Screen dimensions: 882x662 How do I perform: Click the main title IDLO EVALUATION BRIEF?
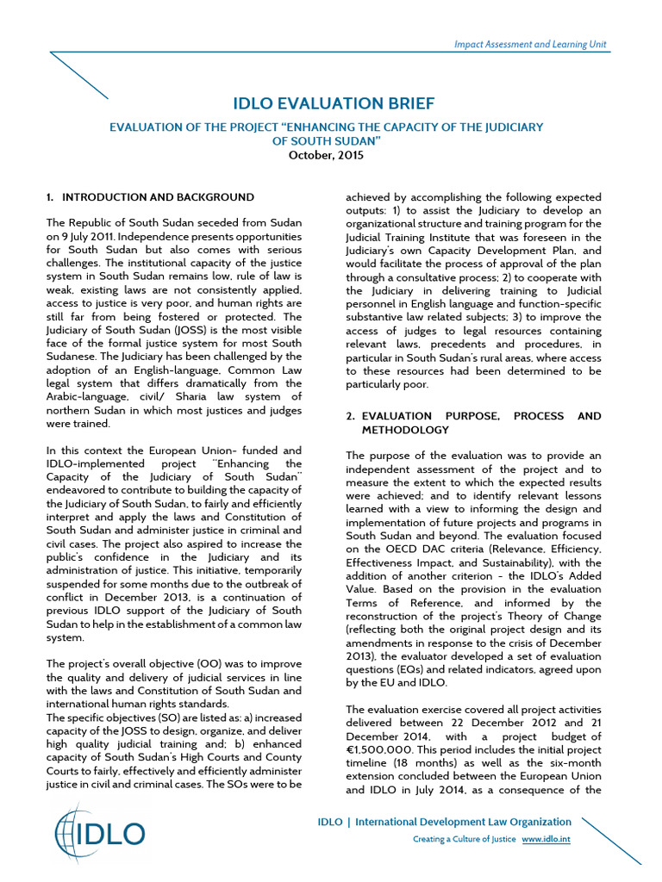tap(334, 104)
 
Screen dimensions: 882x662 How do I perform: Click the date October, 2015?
tap(326, 156)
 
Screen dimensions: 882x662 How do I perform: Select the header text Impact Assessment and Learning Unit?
tap(531, 44)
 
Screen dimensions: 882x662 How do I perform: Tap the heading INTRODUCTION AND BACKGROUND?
tap(158, 197)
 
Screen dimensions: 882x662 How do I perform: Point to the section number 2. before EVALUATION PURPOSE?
tap(351, 416)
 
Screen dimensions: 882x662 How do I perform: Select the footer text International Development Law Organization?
tap(464, 822)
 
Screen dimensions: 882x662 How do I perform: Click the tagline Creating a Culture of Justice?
tap(464, 839)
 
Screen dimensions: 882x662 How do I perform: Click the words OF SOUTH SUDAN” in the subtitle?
tap(326, 141)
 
